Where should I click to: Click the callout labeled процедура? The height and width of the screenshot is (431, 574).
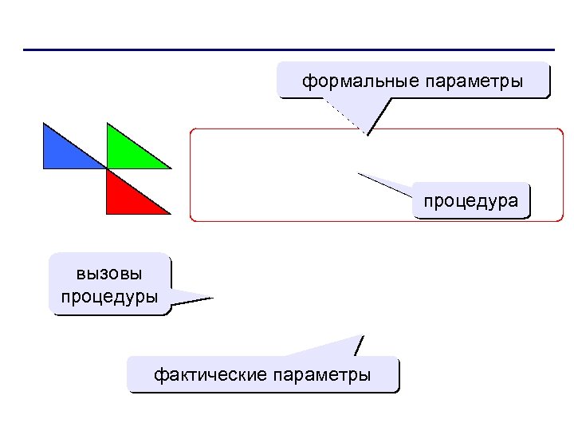(471, 200)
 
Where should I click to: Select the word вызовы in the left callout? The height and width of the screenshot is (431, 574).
(110, 274)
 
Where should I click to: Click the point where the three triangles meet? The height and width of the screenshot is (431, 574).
(107, 168)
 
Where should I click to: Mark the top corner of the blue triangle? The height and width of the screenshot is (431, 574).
(43, 123)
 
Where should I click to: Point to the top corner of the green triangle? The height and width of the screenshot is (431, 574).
(107, 123)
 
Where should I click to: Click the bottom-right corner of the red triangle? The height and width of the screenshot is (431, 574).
(171, 214)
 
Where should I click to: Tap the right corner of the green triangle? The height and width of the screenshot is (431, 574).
(171, 168)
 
